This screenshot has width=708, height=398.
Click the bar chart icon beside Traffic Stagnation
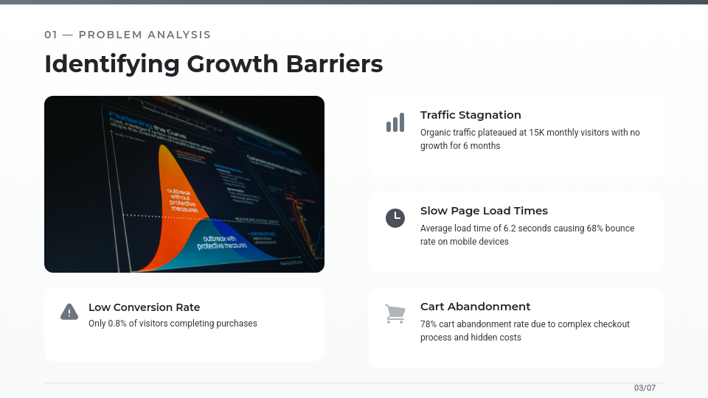click(395, 123)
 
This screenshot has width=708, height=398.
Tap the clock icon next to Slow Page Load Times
click(395, 218)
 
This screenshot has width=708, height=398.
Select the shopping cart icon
click(395, 314)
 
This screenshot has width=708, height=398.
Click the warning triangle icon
click(69, 312)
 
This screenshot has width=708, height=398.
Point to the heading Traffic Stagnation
click(471, 115)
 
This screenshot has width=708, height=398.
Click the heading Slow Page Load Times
click(484, 211)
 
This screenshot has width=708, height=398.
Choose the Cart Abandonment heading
click(475, 307)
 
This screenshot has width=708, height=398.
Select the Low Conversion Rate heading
click(144, 307)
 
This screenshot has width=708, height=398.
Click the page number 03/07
click(645, 388)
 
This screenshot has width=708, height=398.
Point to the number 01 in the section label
click(51, 35)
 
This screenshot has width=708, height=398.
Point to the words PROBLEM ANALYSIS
click(145, 35)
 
